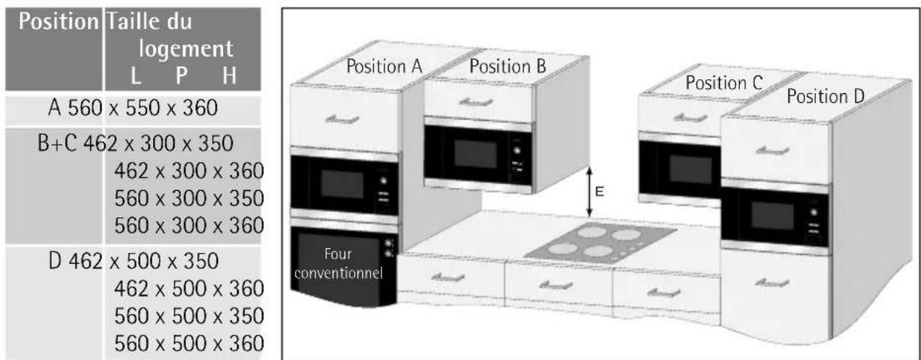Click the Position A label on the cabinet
(x=384, y=67)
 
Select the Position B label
(x=508, y=65)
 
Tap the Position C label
(x=724, y=83)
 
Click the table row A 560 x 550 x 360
(x=132, y=109)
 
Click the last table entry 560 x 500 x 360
(x=189, y=343)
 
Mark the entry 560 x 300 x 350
(x=189, y=197)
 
